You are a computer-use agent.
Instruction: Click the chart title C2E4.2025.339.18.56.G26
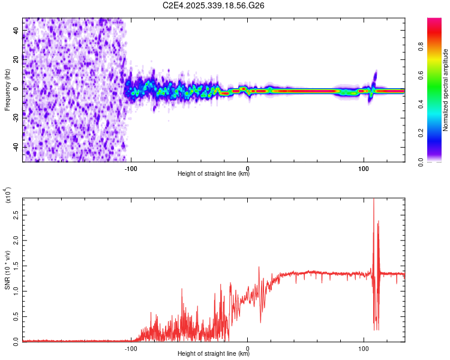[x=214, y=5]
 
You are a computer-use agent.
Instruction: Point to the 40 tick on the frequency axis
[x=16, y=30]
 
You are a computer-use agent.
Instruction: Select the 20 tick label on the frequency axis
[x=16, y=59]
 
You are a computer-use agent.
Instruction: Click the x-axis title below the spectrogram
[x=214, y=175]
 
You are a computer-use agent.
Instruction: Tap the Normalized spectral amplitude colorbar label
[x=446, y=91]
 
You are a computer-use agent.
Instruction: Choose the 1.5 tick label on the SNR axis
[x=16, y=265]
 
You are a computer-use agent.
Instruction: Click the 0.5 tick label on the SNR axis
[x=16, y=316]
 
